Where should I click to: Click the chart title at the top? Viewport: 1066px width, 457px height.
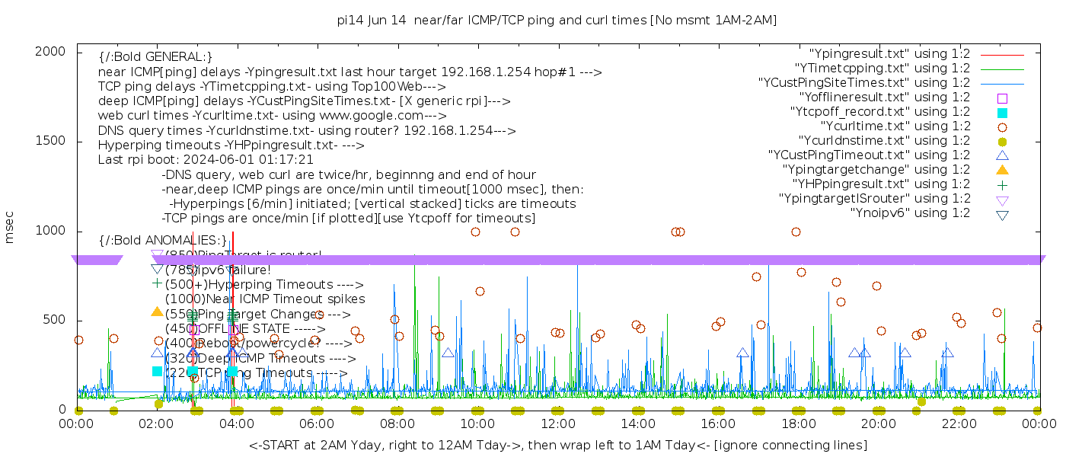557,21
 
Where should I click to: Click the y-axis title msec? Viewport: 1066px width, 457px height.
10,227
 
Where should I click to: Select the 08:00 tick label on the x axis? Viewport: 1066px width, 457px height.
397,424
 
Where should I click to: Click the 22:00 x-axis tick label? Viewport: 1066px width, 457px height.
958,424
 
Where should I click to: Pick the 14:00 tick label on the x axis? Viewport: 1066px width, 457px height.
638,424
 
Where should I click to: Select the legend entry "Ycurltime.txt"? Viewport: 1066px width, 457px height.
895,126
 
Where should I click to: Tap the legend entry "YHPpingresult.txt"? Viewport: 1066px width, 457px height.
881,184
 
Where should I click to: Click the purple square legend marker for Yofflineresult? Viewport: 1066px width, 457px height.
1002,98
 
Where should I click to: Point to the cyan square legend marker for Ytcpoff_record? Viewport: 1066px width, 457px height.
1002,113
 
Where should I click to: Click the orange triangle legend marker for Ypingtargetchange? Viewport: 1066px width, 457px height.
1002,170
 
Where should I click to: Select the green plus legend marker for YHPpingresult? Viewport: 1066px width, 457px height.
1002,184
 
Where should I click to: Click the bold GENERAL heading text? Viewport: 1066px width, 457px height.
155,57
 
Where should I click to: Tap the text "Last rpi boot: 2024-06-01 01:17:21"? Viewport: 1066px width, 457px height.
206,160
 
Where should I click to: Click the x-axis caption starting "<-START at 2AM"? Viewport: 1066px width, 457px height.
557,445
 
